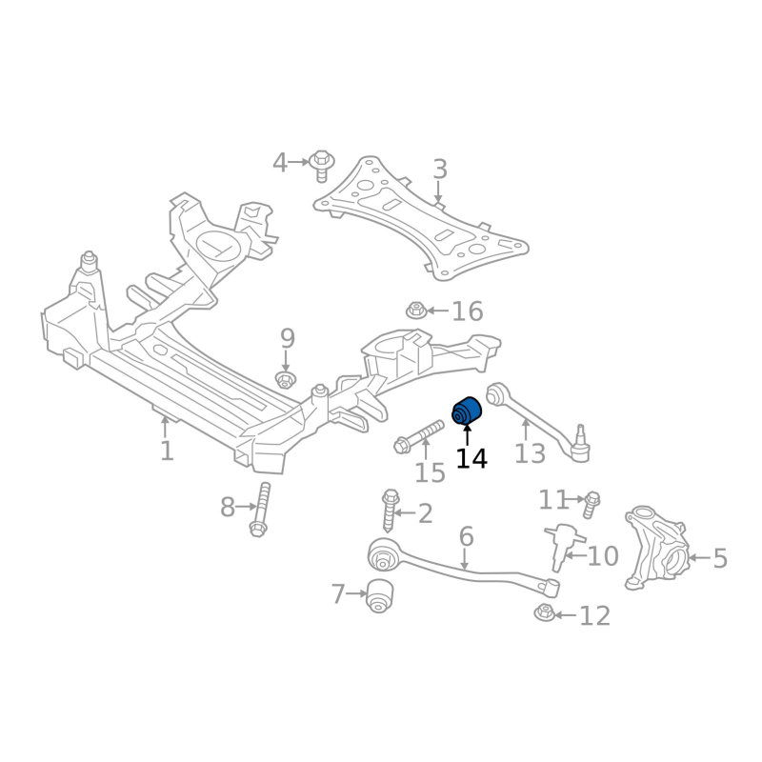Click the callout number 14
click(x=471, y=458)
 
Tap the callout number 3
click(x=439, y=170)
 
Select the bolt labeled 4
click(x=321, y=164)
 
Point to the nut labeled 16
click(x=415, y=311)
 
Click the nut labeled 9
click(x=285, y=381)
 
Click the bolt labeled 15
click(x=412, y=441)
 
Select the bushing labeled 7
click(x=381, y=595)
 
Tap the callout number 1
click(x=167, y=450)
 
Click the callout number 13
click(x=530, y=452)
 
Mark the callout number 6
click(x=466, y=536)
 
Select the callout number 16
click(x=467, y=311)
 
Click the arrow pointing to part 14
click(x=467, y=436)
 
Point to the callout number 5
click(x=719, y=558)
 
